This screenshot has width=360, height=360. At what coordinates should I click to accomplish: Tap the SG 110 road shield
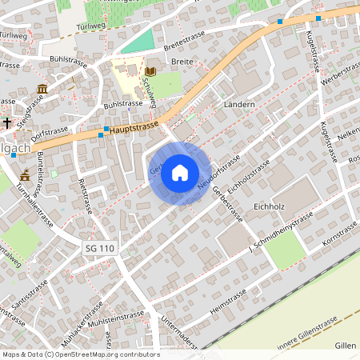100,250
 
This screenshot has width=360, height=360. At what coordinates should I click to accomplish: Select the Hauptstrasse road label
133,126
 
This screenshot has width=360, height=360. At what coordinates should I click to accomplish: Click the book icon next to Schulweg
150,72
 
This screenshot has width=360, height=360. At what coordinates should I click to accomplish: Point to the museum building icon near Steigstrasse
42,88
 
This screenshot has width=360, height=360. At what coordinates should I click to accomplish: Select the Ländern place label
239,105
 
